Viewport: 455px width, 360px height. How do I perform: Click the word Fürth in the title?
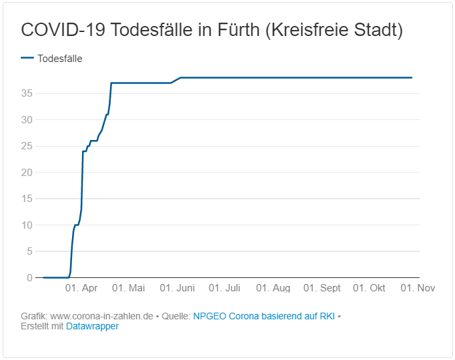coord(237,30)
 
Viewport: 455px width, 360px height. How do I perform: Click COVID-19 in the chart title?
coord(63,30)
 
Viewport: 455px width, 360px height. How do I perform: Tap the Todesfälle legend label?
coord(60,58)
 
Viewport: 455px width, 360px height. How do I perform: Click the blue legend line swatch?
coord(27,58)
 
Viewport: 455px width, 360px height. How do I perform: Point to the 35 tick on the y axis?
coord(27,93)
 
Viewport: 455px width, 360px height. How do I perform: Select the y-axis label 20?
coord(27,172)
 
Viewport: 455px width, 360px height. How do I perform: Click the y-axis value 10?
coord(27,225)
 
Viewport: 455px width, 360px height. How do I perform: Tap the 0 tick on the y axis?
coord(29,277)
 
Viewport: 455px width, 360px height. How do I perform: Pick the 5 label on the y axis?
coord(29,251)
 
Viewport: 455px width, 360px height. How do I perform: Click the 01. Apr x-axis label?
coord(81,288)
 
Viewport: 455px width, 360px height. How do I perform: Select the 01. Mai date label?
coord(128,288)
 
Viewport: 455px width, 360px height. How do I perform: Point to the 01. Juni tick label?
coord(177,288)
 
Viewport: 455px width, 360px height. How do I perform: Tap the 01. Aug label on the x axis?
coord(273,288)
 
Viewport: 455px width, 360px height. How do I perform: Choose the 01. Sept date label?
coord(322,288)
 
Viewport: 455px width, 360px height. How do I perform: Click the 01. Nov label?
coord(417,288)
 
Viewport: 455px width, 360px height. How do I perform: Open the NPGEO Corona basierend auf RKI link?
coord(264,316)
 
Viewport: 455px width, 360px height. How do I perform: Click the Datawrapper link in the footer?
coord(92,326)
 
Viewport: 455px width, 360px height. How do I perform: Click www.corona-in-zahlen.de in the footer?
coord(102,316)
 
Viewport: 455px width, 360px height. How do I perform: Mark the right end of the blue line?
coord(412,78)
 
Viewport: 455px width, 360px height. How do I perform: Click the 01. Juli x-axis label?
coord(224,288)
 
